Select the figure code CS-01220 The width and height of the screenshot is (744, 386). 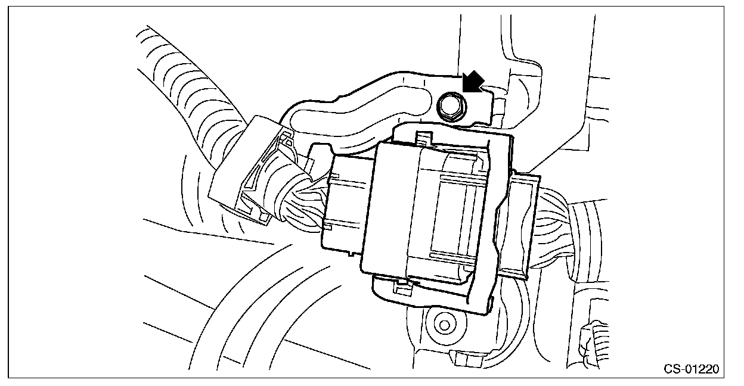click(x=692, y=369)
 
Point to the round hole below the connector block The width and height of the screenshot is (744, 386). click(x=443, y=324)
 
